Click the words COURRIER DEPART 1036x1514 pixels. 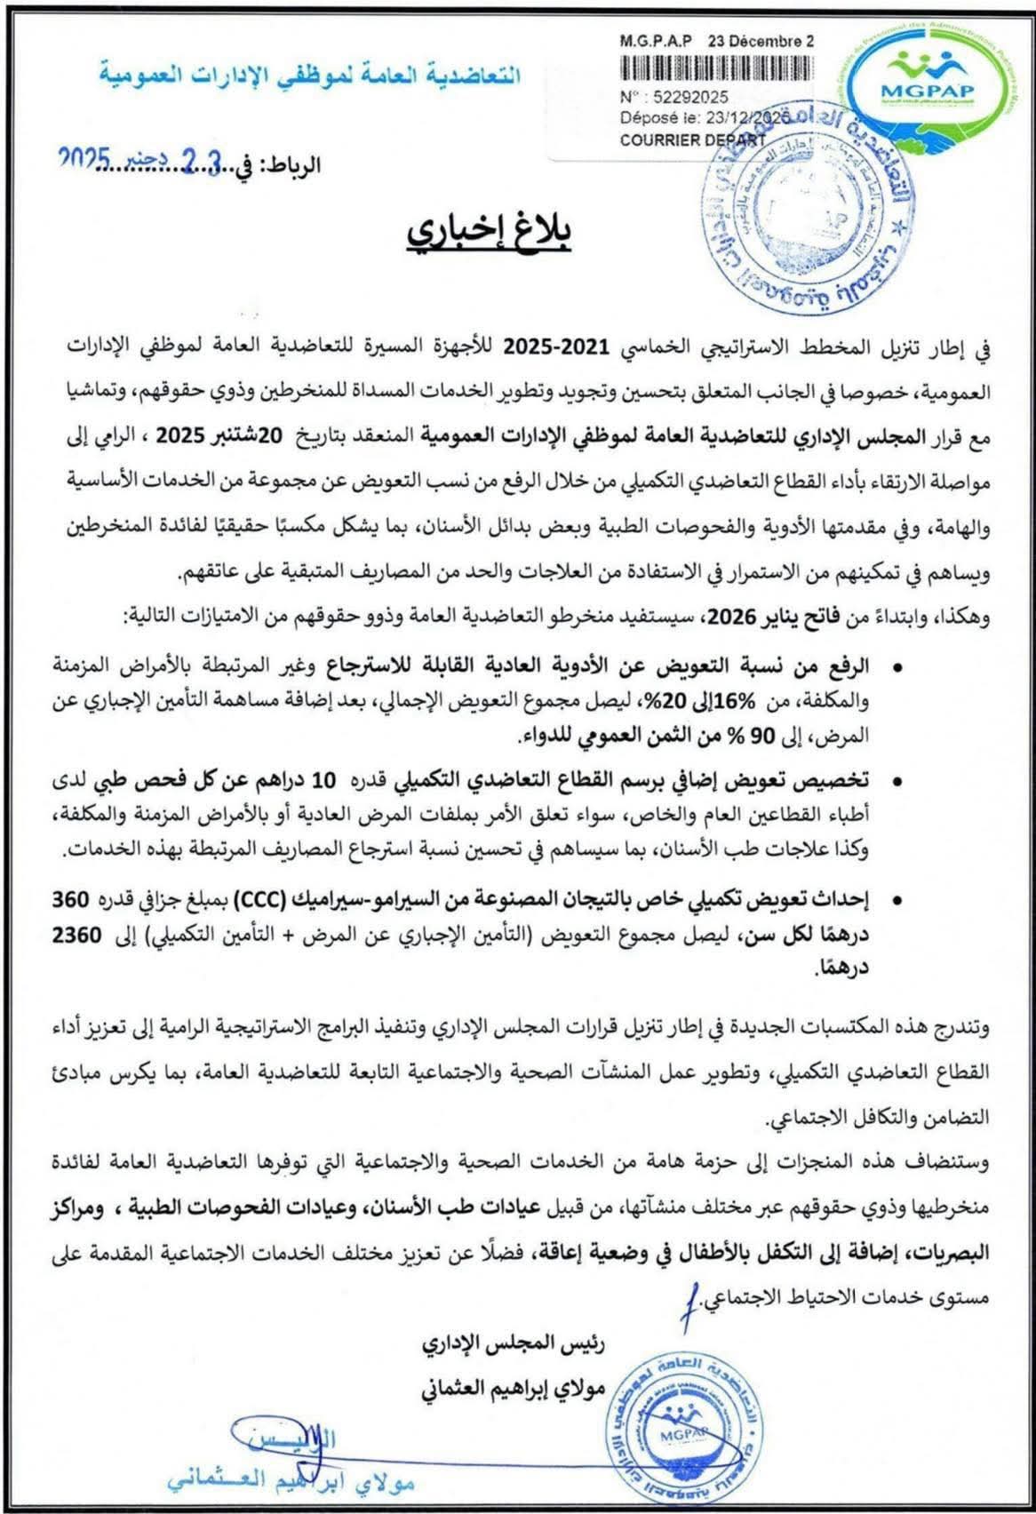(x=692, y=139)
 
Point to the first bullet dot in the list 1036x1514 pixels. (x=898, y=665)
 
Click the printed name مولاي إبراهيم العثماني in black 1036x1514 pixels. (x=513, y=1387)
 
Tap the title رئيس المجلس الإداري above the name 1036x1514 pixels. (x=513, y=1345)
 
